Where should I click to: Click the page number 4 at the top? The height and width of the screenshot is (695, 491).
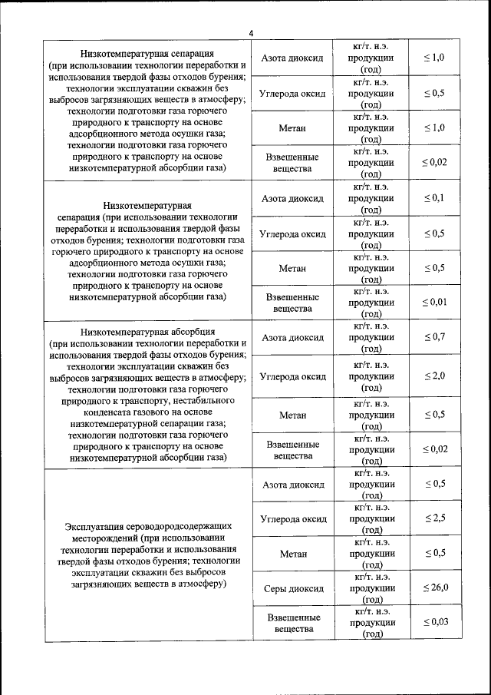coord(251,32)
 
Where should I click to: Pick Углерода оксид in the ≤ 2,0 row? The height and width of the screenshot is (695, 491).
coord(292,376)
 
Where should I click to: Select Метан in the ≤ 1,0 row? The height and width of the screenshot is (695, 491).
coord(292,127)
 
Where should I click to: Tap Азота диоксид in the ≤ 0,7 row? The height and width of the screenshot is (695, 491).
coord(292,337)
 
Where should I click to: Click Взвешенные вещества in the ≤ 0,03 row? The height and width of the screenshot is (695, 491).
coord(292,623)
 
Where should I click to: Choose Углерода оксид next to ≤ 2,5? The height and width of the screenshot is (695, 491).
coord(292,518)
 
